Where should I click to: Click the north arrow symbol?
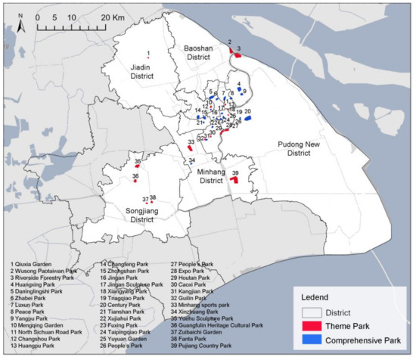coord(22,23)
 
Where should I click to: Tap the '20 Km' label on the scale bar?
coord(112,17)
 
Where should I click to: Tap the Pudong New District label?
coord(287,147)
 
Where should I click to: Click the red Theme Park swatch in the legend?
coord(309,326)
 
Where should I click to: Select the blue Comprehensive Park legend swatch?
coord(309,341)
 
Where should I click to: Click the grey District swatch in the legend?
coord(309,311)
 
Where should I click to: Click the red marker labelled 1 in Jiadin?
coord(148,58)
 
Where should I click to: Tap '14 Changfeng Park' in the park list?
coord(129,265)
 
